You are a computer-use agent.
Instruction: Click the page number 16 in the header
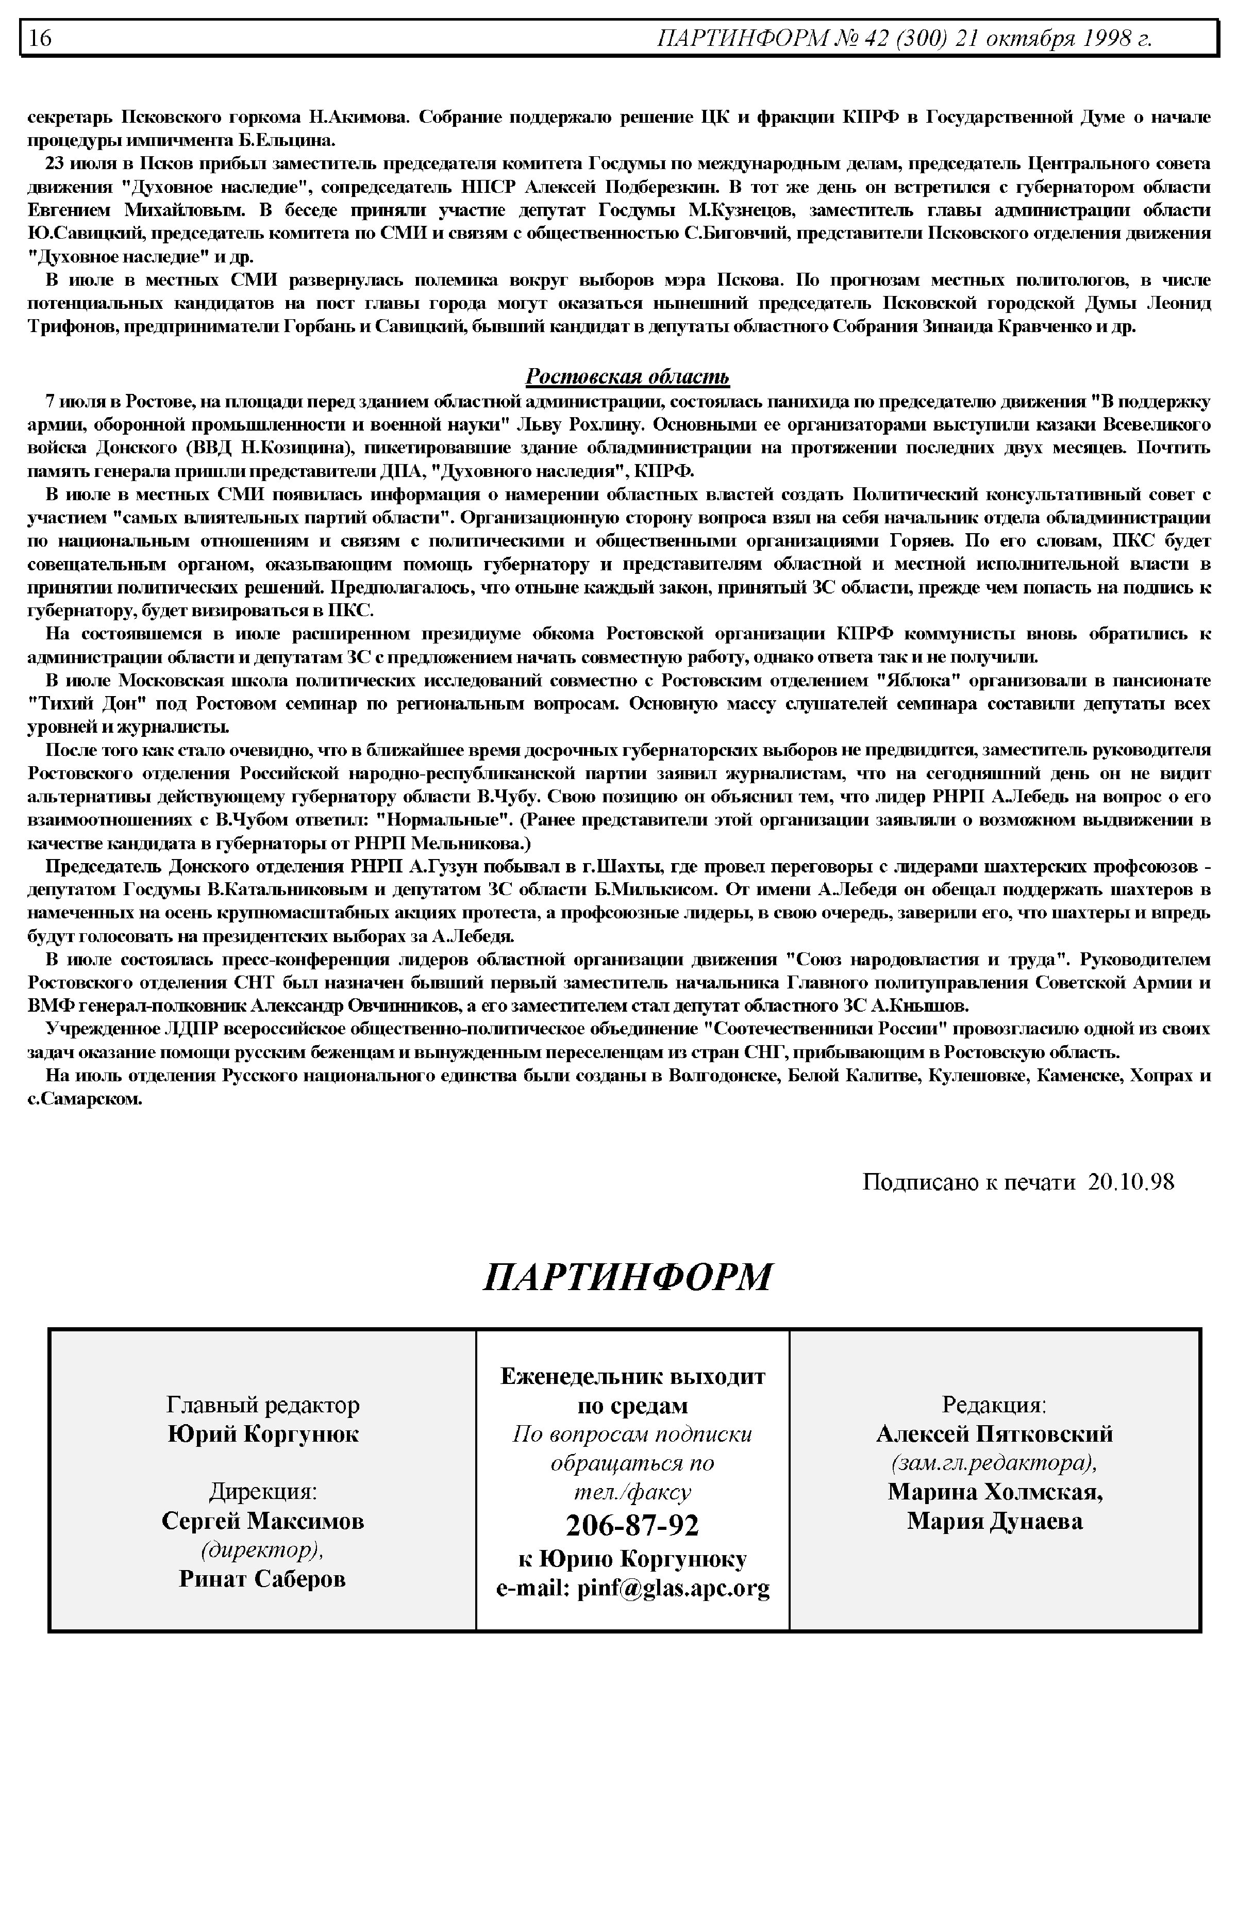[x=40, y=38]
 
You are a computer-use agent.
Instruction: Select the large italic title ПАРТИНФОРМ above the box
[x=627, y=1277]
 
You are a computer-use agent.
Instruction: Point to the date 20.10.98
[x=1131, y=1181]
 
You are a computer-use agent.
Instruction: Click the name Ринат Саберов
[x=263, y=1578]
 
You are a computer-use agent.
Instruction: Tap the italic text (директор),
[x=263, y=1549]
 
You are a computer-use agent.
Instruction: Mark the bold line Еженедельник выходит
[x=632, y=1376]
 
